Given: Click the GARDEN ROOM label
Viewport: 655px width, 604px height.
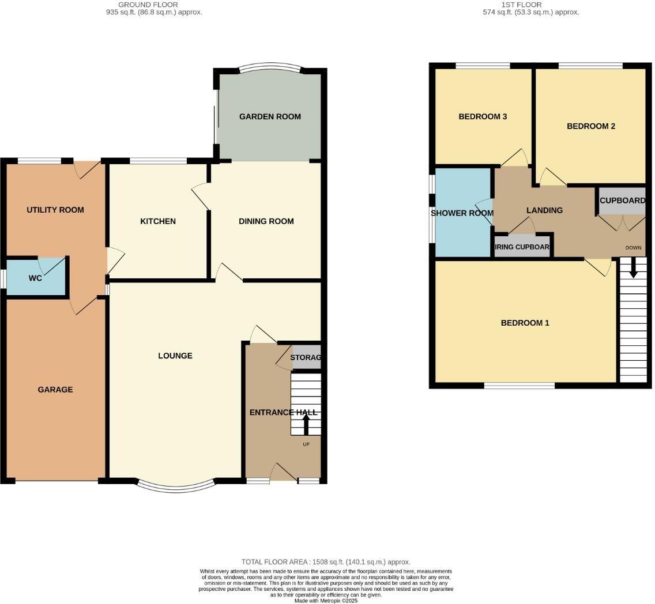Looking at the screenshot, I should tap(270, 116).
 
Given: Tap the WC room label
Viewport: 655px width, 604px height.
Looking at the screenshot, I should tap(35, 278).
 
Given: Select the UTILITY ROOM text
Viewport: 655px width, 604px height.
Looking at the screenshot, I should tap(55, 210).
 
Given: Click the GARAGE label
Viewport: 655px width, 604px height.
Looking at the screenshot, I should tap(55, 390).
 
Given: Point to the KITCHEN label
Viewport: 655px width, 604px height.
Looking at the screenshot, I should tap(158, 221).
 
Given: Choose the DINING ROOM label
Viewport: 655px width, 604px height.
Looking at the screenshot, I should tap(266, 221).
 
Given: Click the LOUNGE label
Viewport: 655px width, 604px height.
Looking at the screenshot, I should tap(175, 356).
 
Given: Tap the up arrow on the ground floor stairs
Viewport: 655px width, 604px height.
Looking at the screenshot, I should tap(306, 425).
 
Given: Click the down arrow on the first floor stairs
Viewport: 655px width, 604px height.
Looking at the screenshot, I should tap(633, 268).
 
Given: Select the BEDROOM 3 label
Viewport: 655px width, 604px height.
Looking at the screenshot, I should tap(483, 116).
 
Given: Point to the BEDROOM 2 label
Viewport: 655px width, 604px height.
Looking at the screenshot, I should tap(590, 126).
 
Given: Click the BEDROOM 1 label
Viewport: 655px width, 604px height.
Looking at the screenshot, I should tap(525, 323).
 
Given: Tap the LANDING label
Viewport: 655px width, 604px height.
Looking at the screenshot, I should tap(544, 210).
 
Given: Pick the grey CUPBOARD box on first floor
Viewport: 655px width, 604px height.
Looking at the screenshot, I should tap(622, 201).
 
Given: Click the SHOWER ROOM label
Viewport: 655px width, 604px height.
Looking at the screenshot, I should tap(462, 213).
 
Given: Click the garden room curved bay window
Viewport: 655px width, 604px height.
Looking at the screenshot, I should tap(270, 68).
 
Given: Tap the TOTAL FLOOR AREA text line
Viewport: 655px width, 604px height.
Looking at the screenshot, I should tap(326, 561).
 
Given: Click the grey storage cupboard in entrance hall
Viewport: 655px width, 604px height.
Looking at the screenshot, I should tap(306, 358).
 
